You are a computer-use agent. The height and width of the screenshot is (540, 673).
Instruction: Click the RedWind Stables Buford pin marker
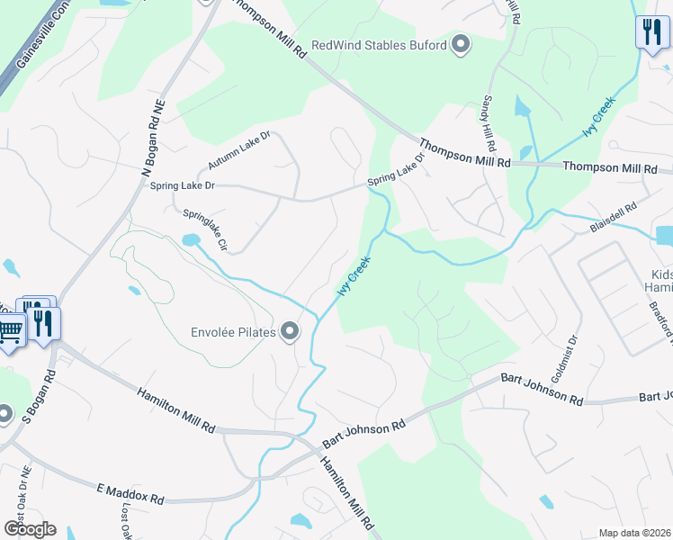[x=461, y=45]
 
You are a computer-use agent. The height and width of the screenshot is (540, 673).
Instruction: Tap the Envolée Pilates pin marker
[x=290, y=332]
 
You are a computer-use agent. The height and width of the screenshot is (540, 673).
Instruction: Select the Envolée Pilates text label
[x=232, y=332]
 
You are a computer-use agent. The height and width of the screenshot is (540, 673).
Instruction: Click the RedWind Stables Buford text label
[x=379, y=45]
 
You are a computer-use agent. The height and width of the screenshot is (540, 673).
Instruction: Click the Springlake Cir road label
[x=206, y=231]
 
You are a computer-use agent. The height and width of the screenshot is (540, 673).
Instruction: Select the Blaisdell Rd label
[x=613, y=218]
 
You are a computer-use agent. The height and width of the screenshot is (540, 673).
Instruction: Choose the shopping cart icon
[x=10, y=331]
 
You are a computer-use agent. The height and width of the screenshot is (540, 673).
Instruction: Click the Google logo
[x=30, y=529]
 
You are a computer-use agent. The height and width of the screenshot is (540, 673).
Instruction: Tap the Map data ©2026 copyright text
[x=635, y=533]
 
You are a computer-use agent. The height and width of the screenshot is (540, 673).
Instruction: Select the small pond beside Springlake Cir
[x=190, y=240]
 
